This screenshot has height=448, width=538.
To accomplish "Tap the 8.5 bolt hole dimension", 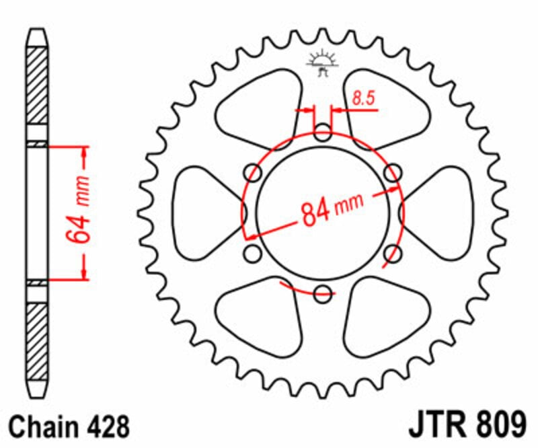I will (x=362, y=99).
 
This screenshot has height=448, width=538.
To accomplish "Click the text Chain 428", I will (x=68, y=427).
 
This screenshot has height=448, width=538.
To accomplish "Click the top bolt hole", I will (x=323, y=131).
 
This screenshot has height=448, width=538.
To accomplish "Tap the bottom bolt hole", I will (x=323, y=293).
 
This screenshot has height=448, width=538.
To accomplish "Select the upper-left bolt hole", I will (x=254, y=173).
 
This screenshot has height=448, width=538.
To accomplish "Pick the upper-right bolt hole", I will (x=392, y=173).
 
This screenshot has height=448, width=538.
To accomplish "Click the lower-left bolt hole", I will (x=253, y=254).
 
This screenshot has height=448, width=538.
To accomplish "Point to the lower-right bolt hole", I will (x=395, y=254).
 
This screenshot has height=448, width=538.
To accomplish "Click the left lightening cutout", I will (x=205, y=212).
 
